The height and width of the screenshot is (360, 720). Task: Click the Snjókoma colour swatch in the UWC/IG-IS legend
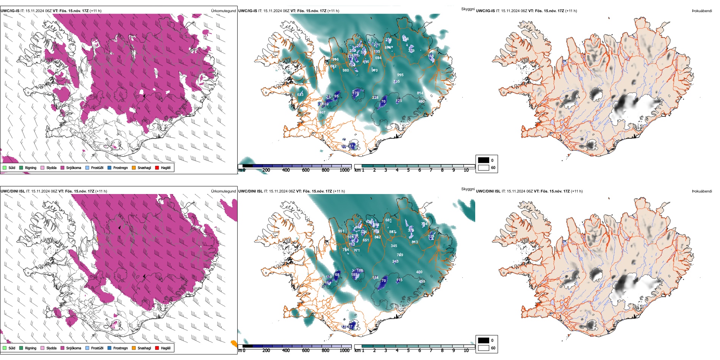63,168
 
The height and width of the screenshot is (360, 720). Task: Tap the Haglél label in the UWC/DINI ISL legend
166,348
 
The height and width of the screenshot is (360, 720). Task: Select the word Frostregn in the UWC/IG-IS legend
121,168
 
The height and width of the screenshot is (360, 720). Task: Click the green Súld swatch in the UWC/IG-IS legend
5,168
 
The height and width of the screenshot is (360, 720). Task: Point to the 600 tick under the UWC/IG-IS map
306,170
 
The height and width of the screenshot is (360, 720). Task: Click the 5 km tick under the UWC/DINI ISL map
408,351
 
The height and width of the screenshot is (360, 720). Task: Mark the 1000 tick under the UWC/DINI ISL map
344,351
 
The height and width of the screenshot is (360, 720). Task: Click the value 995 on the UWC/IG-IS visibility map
400,75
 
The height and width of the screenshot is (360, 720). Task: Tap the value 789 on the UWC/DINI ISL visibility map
400,255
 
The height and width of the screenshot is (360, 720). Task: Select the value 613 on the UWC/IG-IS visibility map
300,95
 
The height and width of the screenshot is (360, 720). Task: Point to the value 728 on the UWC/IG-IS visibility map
405,39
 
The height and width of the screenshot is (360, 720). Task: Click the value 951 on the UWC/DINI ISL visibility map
341,231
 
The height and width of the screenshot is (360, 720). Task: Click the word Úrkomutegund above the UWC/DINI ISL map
223,191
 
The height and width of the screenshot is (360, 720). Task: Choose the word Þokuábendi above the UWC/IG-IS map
702,11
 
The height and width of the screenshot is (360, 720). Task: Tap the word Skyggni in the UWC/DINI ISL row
468,189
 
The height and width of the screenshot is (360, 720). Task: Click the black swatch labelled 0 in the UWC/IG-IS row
484,160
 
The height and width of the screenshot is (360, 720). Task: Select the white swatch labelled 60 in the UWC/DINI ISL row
484,348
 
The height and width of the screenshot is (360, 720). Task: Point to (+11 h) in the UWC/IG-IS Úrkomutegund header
95,11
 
